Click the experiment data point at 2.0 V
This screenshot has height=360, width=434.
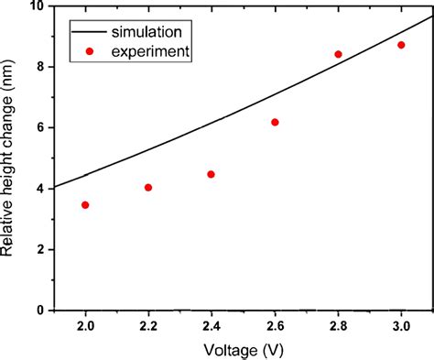85,205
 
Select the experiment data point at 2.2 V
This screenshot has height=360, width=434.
148,188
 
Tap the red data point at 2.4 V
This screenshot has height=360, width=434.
212,174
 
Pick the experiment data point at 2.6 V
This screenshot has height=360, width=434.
275,122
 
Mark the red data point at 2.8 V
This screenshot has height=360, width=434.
338,54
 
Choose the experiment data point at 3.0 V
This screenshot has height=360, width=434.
401,45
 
